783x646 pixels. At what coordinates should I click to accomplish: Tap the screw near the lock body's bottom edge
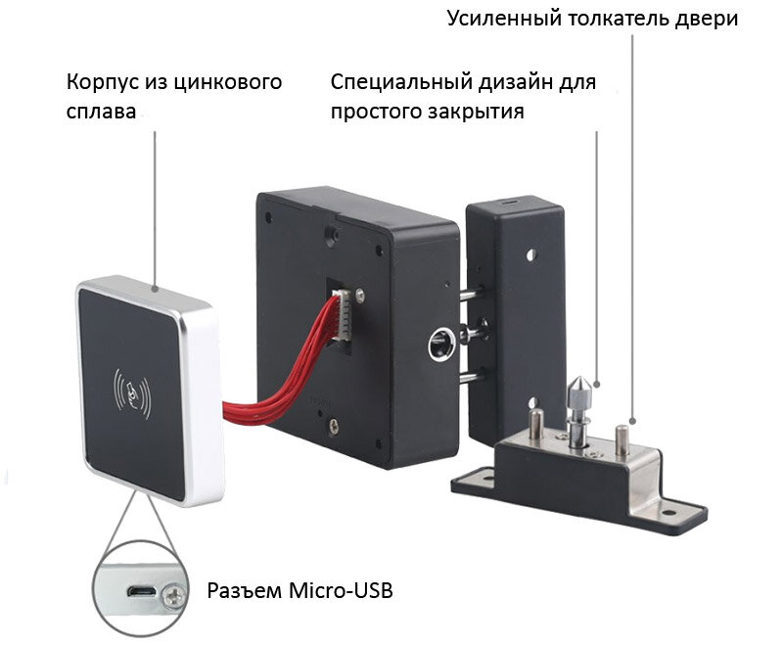click(x=334, y=426)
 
